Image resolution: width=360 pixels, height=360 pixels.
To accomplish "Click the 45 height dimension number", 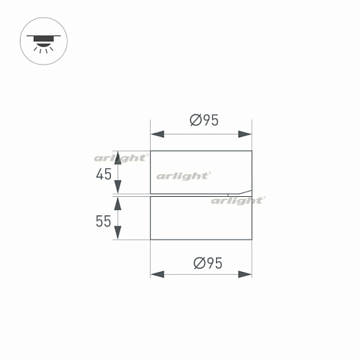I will [x=104, y=174].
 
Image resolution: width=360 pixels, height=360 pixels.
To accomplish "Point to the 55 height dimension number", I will [x=104, y=220].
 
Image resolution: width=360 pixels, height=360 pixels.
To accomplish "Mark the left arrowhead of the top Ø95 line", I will [x=155, y=135].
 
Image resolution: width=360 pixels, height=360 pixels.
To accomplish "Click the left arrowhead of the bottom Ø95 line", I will [x=155, y=275].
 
